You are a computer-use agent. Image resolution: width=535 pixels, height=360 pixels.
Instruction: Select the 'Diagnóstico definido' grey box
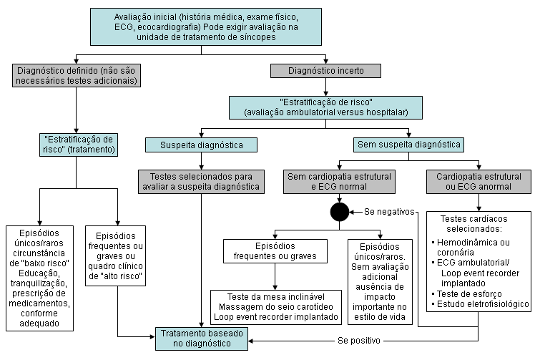(75, 76)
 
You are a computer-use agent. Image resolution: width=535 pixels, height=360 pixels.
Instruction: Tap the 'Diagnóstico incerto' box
(325, 71)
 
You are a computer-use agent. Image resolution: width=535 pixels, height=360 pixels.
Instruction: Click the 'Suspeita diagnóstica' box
(202, 145)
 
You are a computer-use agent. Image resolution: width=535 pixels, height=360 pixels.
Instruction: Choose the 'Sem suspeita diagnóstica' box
(408, 145)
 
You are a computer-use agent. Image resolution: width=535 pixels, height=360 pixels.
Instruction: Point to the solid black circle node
(340, 213)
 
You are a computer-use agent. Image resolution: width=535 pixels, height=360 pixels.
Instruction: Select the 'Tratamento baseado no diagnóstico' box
(202, 338)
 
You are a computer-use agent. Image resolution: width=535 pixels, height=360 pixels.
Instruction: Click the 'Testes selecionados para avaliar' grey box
(202, 182)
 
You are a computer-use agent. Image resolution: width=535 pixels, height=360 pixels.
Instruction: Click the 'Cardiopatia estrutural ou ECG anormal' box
(478, 182)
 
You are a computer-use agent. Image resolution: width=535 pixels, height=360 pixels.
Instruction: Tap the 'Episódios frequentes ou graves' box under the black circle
(276, 250)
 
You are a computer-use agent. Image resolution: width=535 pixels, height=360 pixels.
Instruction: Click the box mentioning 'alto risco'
(117, 256)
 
